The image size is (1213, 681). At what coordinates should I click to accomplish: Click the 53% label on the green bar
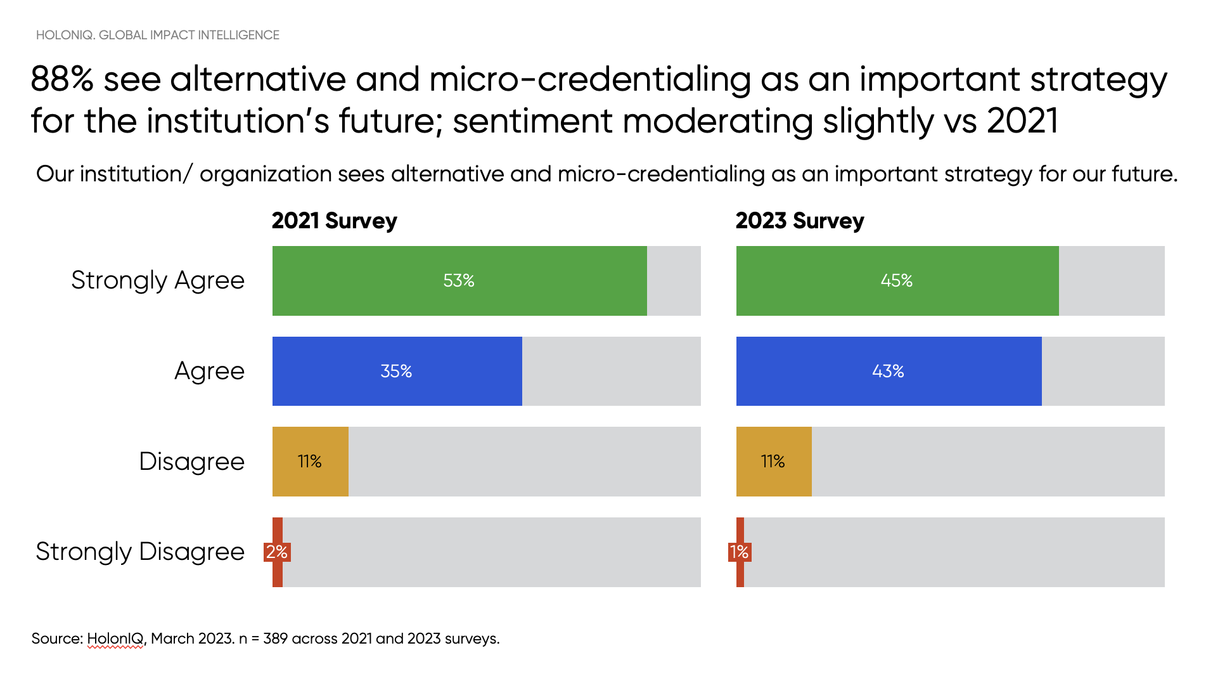click(x=459, y=280)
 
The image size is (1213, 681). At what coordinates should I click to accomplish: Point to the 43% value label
click(x=887, y=371)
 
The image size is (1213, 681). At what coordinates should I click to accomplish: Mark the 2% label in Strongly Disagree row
click(x=277, y=552)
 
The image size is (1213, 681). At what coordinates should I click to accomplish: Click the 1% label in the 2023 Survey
click(x=740, y=552)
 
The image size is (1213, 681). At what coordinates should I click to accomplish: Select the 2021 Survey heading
click(x=334, y=221)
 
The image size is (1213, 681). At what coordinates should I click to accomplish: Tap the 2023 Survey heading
click(x=799, y=221)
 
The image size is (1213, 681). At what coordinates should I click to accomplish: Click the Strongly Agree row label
click(x=157, y=280)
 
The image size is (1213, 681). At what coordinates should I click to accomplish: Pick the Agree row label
click(x=209, y=371)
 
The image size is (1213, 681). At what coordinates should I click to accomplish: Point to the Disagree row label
click(x=191, y=462)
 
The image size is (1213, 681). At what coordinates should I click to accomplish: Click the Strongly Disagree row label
click(x=139, y=552)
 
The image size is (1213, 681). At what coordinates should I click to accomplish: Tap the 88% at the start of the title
click(x=62, y=80)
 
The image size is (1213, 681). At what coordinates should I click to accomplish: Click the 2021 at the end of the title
click(x=1022, y=121)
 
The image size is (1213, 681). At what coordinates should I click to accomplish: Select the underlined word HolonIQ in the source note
click(x=115, y=639)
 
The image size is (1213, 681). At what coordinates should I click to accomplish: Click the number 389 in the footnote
click(x=275, y=639)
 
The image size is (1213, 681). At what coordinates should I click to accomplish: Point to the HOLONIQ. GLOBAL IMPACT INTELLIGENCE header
click(x=157, y=35)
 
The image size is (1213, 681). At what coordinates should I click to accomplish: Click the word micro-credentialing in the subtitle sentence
click(x=661, y=174)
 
